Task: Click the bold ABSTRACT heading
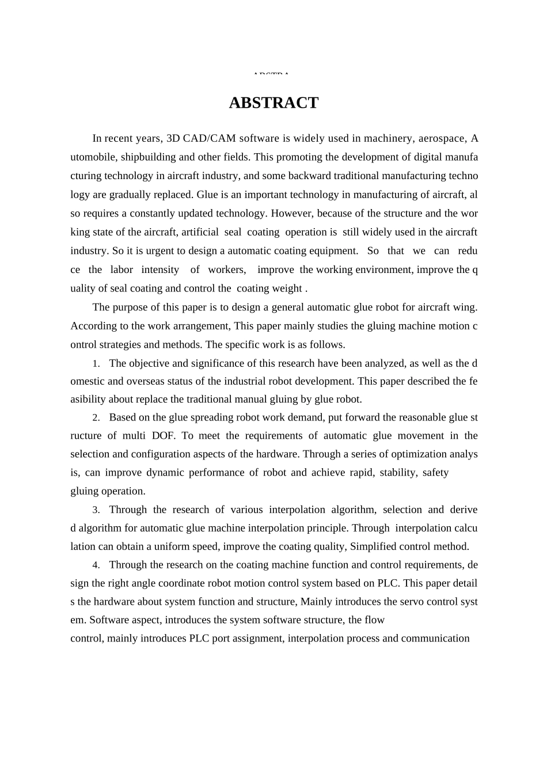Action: (x=273, y=103)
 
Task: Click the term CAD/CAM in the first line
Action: (x=210, y=139)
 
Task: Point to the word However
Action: (x=291, y=214)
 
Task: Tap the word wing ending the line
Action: (x=465, y=308)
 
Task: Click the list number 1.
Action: (x=96, y=364)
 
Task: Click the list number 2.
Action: (x=96, y=418)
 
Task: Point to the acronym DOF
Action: (x=163, y=436)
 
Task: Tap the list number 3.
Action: (x=96, y=510)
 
